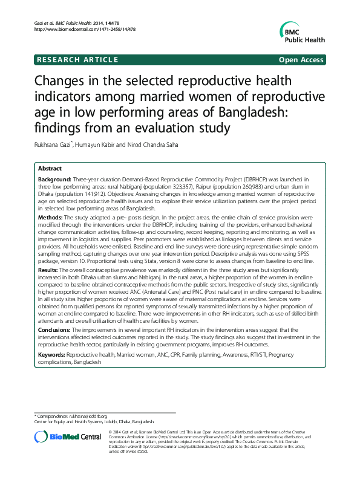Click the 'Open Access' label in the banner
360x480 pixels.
[301, 60]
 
